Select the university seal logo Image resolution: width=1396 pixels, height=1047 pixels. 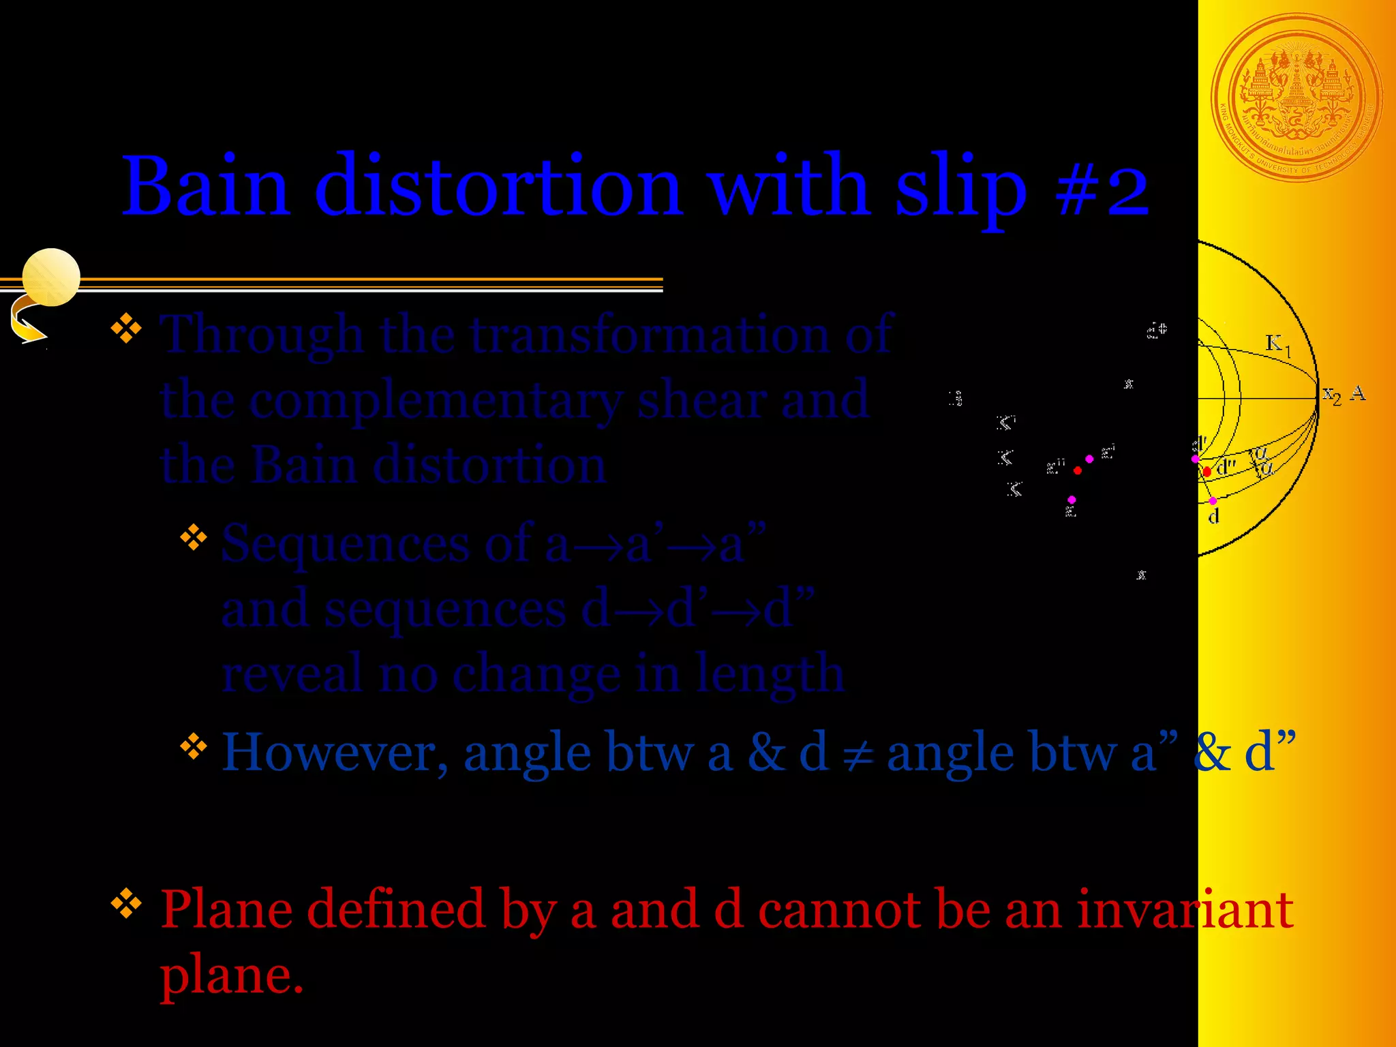1296,98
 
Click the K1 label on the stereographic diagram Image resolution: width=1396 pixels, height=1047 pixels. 1277,344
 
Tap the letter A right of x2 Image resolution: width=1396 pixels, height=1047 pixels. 1358,393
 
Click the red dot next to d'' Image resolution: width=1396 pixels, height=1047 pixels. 1207,471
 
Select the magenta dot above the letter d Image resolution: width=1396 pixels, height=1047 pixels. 1213,501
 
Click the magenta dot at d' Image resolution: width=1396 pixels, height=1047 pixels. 1195,459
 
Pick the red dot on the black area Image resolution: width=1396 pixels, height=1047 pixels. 1077,470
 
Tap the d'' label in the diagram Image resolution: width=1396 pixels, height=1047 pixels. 1226,468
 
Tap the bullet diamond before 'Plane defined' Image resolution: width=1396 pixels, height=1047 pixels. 126,904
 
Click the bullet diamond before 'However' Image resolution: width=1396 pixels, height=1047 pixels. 194,746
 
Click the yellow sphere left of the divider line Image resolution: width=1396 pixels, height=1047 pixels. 51,277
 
